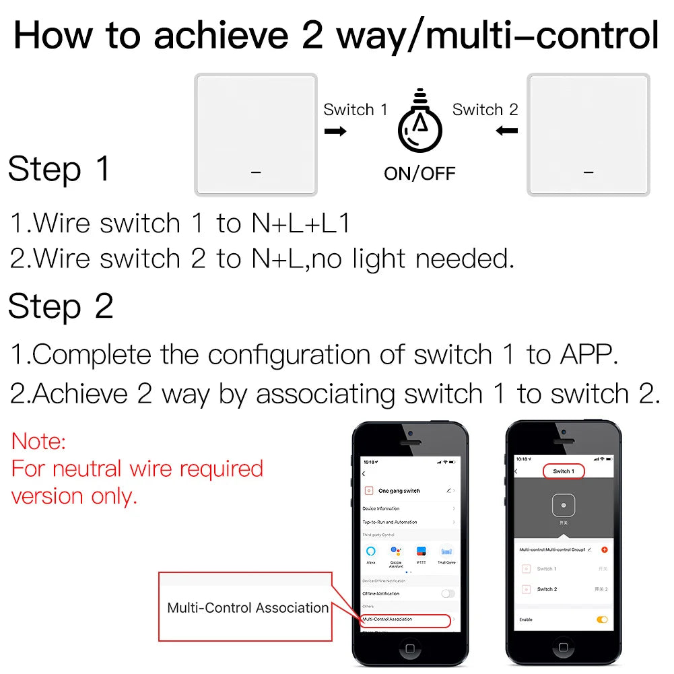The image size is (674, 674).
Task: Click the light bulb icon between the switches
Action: (420, 124)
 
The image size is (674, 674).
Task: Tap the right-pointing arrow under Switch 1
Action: (335, 131)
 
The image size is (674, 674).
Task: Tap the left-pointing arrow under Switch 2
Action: (506, 131)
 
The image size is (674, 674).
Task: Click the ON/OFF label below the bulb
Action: (419, 173)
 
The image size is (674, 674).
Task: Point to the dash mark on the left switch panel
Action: (256, 173)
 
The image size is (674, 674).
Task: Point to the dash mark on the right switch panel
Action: (588, 173)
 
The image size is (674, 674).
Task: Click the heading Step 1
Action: (59, 169)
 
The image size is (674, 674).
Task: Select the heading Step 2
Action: (61, 307)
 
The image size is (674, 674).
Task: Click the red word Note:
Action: (39, 442)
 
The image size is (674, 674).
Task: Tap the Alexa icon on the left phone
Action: (371, 552)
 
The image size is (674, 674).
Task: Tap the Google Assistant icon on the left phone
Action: (396, 552)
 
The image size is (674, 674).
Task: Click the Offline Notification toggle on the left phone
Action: (448, 593)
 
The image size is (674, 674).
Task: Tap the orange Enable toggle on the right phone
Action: (602, 619)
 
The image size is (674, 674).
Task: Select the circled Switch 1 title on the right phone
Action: (563, 471)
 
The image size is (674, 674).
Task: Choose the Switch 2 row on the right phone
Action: (547, 589)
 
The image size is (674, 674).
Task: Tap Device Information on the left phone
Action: (381, 508)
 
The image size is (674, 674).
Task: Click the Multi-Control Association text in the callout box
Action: (248, 608)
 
